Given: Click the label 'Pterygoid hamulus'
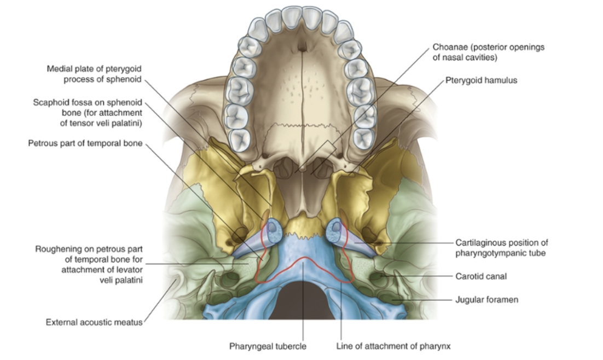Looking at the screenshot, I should click(x=482, y=80).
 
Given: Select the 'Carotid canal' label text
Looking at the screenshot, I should click(x=481, y=276).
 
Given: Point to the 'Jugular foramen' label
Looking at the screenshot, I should click(x=486, y=300).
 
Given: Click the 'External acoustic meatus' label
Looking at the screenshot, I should click(x=94, y=322).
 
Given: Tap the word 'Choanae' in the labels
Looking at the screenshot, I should click(x=450, y=47).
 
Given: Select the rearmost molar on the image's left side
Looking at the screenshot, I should click(x=239, y=140).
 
